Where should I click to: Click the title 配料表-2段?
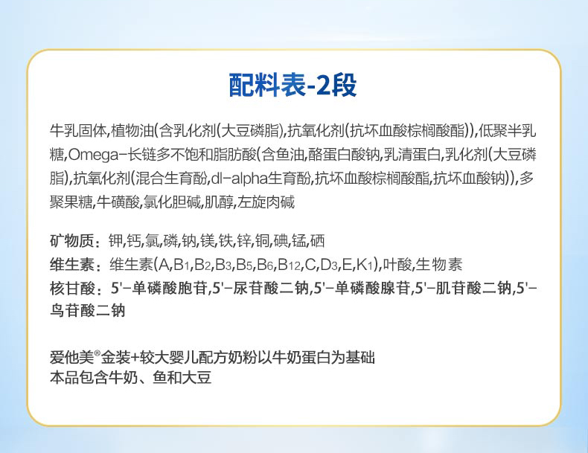[293, 86]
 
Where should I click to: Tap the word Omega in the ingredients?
[92, 155]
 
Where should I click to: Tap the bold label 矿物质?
[71, 240]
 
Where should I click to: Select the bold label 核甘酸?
[71, 288]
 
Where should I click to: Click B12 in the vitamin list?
[289, 265]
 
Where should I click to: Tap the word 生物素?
[438, 265]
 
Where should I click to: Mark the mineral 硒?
[317, 240]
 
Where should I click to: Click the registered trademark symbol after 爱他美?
[97, 353]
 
